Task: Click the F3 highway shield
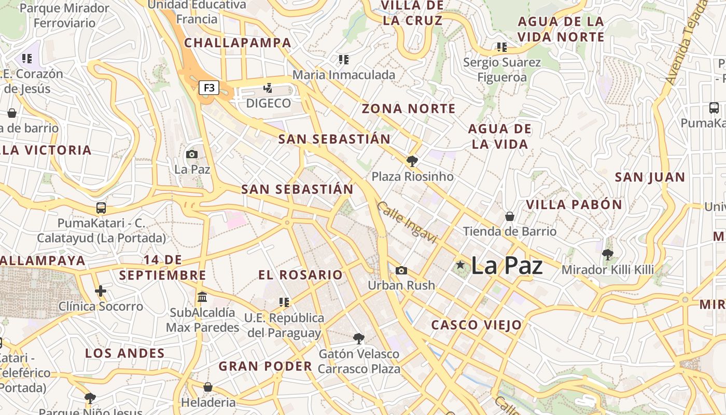tap(209, 88)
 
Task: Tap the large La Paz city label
tap(507, 266)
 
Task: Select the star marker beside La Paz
tap(460, 265)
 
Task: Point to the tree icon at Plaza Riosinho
tap(412, 161)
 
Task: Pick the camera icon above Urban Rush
tap(401, 270)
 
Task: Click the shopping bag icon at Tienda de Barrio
tap(510, 216)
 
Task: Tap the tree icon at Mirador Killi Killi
tap(607, 254)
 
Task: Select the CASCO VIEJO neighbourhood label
tap(477, 325)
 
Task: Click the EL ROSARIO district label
tap(301, 275)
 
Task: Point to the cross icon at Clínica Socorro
tap(101, 291)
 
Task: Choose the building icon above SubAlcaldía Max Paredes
tap(202, 298)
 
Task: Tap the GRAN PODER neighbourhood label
tap(265, 366)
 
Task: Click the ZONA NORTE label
tap(409, 109)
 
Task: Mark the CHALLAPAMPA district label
tap(238, 43)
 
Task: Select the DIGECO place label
tap(268, 103)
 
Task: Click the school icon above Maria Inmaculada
tap(343, 60)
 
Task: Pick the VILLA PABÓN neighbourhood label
tap(574, 204)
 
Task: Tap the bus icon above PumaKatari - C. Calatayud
tap(101, 208)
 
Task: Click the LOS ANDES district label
tap(124, 354)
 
